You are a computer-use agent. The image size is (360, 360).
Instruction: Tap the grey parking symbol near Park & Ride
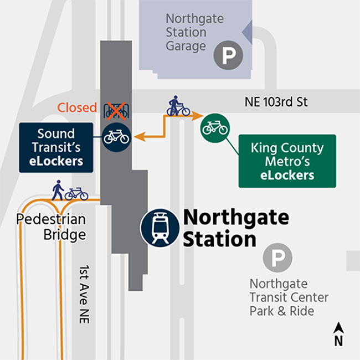tap(277, 258)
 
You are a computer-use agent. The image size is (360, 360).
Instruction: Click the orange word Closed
tap(78, 107)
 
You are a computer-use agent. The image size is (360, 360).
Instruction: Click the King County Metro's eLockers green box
tap(287, 161)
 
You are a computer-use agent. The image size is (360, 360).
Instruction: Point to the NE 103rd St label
tap(275, 102)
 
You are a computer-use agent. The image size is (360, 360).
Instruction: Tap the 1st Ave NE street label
tap(84, 294)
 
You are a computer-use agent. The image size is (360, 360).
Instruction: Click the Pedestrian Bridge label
tap(52, 227)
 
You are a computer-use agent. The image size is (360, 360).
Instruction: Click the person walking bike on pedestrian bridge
tap(70, 191)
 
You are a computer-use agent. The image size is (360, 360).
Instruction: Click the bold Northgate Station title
tap(235, 228)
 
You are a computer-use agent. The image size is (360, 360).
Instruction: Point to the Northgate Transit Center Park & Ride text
tap(289, 296)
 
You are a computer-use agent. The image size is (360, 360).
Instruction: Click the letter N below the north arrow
tap(338, 342)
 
